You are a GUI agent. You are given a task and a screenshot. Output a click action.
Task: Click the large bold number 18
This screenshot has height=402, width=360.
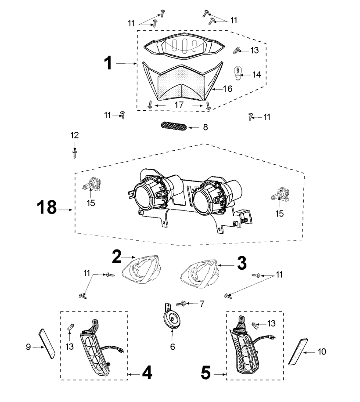click(47, 207)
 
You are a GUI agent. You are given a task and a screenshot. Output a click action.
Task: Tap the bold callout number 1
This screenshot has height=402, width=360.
click(108, 63)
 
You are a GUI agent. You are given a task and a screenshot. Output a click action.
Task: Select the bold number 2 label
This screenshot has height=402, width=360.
click(117, 257)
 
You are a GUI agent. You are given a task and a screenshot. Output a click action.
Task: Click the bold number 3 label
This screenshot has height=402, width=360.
click(242, 263)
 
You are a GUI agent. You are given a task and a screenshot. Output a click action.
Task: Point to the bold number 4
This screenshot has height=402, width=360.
click(147, 373)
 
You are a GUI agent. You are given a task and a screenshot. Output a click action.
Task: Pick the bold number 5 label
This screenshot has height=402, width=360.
click(206, 373)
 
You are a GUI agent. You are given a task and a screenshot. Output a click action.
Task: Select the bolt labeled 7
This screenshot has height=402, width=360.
click(181, 304)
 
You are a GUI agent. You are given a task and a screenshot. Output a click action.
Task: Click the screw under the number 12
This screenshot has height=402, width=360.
click(75, 154)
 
